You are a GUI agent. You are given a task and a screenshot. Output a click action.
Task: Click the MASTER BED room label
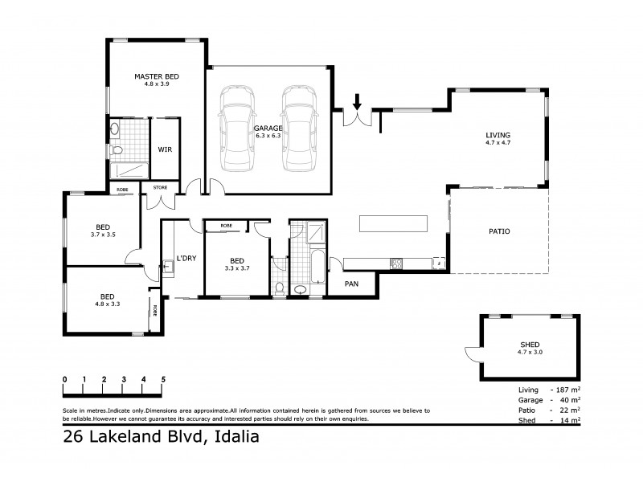[156, 76]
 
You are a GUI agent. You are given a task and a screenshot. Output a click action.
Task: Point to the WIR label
[164, 149]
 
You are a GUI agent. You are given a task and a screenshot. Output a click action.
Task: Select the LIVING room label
[498, 134]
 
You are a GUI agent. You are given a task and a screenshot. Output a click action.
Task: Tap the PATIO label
[499, 231]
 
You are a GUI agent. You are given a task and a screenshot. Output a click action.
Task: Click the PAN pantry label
[351, 284]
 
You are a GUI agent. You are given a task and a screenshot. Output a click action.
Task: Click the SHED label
[530, 343]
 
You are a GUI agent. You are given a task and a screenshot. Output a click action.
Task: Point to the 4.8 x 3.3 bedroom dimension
[107, 304]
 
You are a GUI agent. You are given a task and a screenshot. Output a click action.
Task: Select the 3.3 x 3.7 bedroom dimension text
[237, 268]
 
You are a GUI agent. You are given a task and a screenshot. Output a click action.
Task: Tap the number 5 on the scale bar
[163, 378]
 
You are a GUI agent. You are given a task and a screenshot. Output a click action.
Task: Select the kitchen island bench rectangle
[393, 223]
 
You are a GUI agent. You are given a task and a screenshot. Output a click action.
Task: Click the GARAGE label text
[267, 128]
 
